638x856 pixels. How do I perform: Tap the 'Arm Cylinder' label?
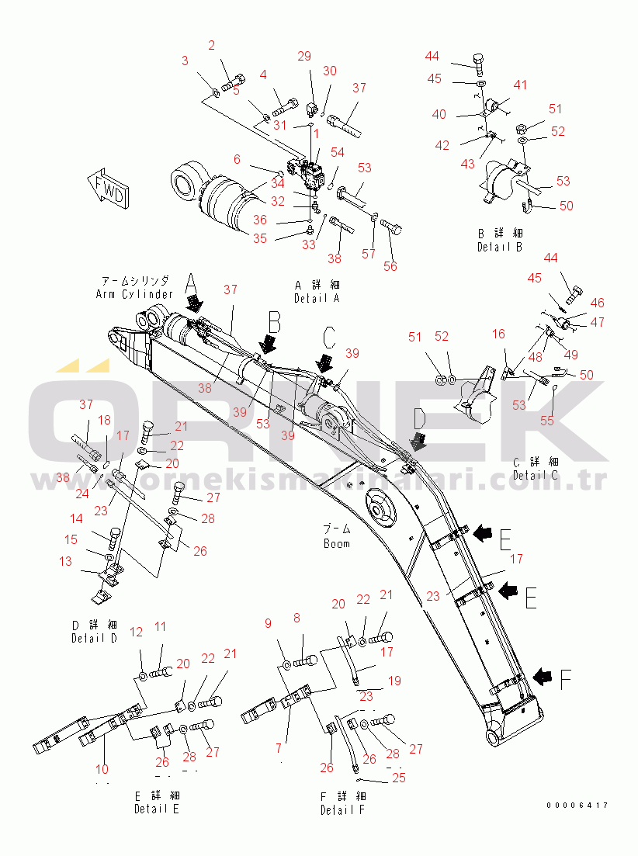135,294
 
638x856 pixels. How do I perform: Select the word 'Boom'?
337,543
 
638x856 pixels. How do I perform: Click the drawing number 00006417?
577,805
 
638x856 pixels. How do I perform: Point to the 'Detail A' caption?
317,298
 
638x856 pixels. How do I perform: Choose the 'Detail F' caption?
342,809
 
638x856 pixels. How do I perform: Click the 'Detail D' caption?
94,638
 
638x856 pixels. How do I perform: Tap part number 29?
304,56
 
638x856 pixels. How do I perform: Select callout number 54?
338,153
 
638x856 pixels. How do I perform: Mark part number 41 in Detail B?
519,85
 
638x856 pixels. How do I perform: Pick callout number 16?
498,334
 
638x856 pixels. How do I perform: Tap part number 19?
394,681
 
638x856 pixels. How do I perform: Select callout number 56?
390,266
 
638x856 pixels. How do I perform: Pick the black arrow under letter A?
193,299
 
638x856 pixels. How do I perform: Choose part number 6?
237,159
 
